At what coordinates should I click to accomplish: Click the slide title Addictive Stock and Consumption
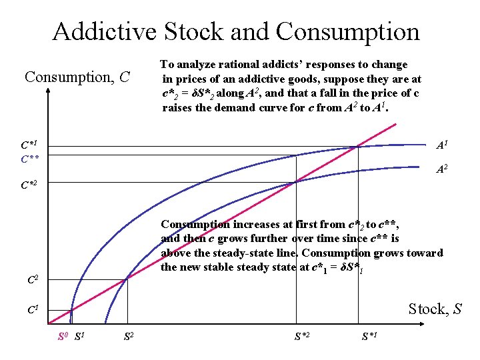(236, 31)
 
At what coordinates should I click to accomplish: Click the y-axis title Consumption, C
(77, 77)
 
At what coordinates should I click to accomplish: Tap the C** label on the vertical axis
(29, 159)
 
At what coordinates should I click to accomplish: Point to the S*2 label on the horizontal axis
(301, 335)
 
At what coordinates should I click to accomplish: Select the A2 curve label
(442, 169)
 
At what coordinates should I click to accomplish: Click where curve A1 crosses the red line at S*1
(359, 146)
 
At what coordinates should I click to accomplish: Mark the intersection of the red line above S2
(127, 279)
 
